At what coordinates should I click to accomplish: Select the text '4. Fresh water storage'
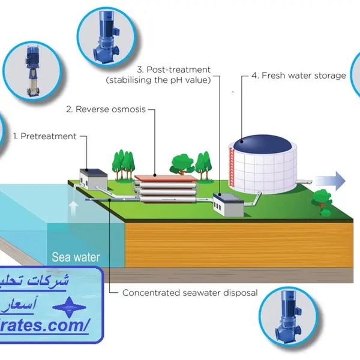298,76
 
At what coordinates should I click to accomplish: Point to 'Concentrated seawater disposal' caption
190,293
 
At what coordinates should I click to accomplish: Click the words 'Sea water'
76,258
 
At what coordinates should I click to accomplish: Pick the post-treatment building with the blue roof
228,204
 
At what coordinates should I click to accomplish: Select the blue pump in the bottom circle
291,323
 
